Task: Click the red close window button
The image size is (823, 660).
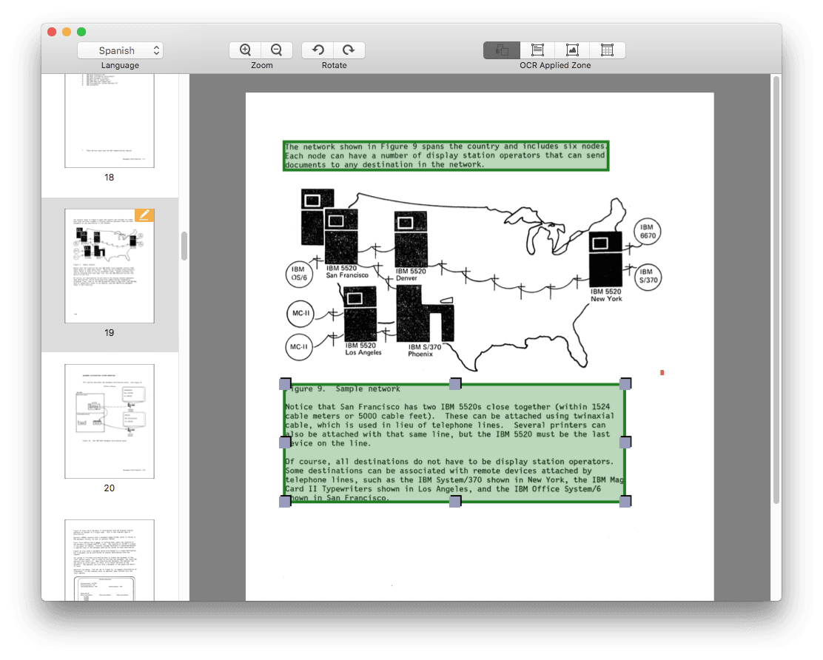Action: click(x=52, y=32)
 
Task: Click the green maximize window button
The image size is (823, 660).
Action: click(x=81, y=32)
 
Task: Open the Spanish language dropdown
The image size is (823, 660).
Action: click(x=120, y=50)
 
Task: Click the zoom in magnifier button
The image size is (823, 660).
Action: click(x=246, y=50)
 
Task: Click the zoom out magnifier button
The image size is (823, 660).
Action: click(x=276, y=50)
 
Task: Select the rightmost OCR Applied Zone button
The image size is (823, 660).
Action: click(x=607, y=50)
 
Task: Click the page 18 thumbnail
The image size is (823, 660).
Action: click(x=110, y=122)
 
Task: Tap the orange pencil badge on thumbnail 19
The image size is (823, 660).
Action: click(x=144, y=215)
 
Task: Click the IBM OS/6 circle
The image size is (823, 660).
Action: click(x=299, y=275)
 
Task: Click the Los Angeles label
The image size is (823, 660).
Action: click(x=363, y=352)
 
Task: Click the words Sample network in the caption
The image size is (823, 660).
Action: click(x=368, y=388)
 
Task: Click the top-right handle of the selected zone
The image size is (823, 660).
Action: click(x=625, y=383)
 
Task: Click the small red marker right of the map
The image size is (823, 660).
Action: click(x=662, y=372)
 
